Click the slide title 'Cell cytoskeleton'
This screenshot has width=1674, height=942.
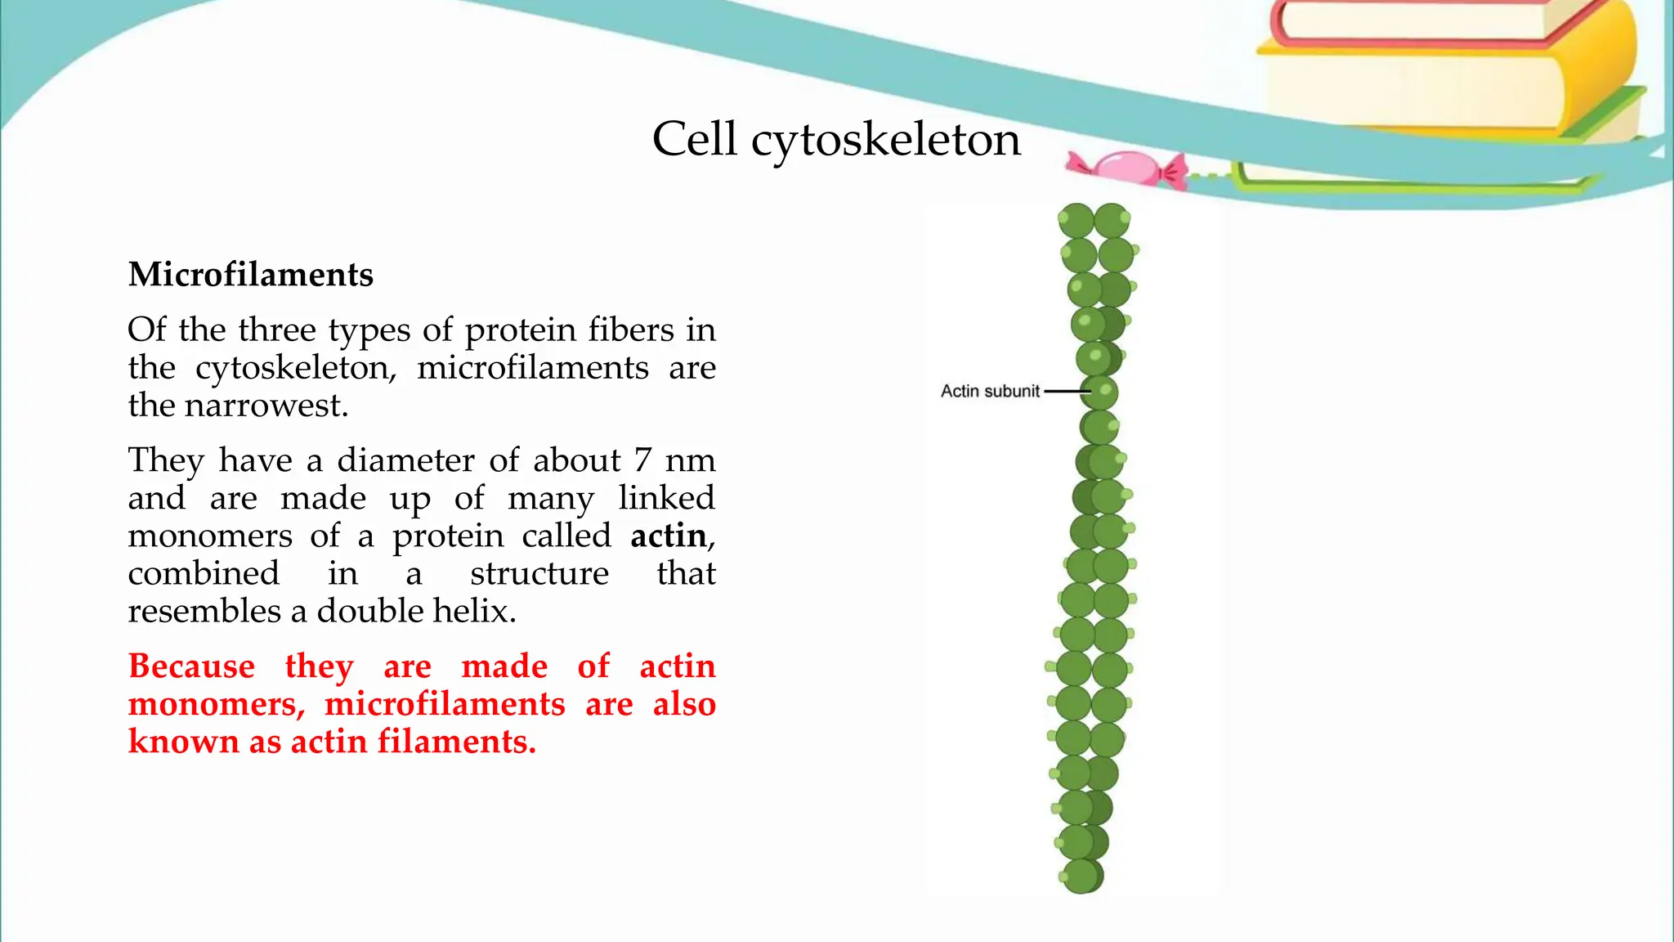(x=836, y=140)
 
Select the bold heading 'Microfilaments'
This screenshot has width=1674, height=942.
(x=251, y=275)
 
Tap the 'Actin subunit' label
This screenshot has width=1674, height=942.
(x=990, y=392)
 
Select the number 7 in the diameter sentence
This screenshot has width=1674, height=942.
(x=642, y=460)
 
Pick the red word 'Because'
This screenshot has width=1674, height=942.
(x=191, y=666)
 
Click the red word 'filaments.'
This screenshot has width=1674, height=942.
(x=456, y=742)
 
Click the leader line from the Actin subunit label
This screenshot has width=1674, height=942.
(x=1066, y=392)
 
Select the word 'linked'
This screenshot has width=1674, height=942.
(x=666, y=498)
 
